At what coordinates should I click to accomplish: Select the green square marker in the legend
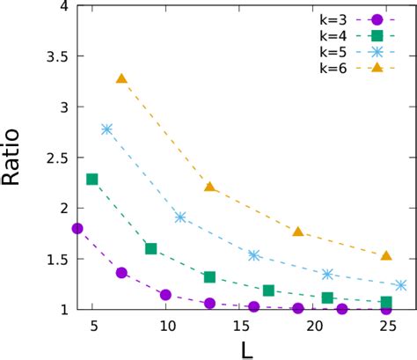click(x=377, y=36)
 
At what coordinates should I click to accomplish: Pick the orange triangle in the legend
click(x=377, y=70)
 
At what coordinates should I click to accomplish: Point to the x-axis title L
click(x=247, y=348)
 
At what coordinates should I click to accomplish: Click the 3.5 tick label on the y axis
click(x=51, y=55)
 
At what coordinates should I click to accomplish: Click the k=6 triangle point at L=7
click(x=121, y=78)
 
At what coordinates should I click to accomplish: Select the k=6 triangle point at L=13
click(x=209, y=187)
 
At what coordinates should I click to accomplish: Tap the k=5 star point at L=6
click(x=107, y=129)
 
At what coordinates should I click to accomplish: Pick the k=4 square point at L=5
click(x=92, y=179)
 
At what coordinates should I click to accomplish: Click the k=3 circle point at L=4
click(x=77, y=228)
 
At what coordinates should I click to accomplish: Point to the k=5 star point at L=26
click(x=401, y=285)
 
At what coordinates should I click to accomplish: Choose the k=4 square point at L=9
click(x=150, y=248)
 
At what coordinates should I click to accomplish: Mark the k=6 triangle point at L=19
click(x=298, y=231)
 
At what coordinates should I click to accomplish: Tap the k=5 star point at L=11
click(x=180, y=217)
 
